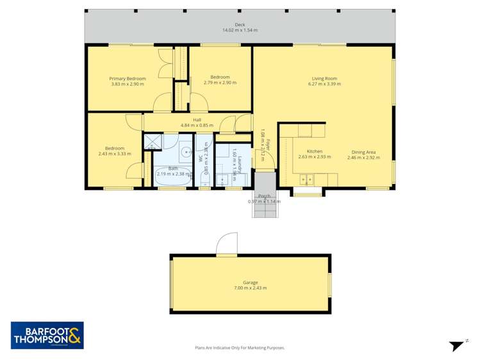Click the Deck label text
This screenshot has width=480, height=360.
click(x=240, y=25)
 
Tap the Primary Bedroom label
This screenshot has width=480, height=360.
click(x=128, y=79)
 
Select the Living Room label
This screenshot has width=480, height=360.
click(x=324, y=79)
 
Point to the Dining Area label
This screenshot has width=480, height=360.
click(x=363, y=152)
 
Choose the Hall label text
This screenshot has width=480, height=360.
click(x=187, y=119)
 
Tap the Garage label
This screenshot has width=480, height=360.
click(x=250, y=282)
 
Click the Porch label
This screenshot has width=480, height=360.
click(x=264, y=195)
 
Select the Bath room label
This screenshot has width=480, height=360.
click(x=173, y=168)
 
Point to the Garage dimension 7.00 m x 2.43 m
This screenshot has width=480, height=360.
click(x=250, y=288)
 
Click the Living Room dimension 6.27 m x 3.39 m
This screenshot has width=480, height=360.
click(x=324, y=84)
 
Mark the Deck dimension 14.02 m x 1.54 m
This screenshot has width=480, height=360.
click(x=240, y=30)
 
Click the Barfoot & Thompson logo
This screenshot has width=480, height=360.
click(x=47, y=335)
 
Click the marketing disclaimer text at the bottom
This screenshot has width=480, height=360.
click(x=240, y=348)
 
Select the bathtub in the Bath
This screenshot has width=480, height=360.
click(x=172, y=181)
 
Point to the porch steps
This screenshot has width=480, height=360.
click(x=264, y=209)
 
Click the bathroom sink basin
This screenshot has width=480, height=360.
click(x=185, y=152)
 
